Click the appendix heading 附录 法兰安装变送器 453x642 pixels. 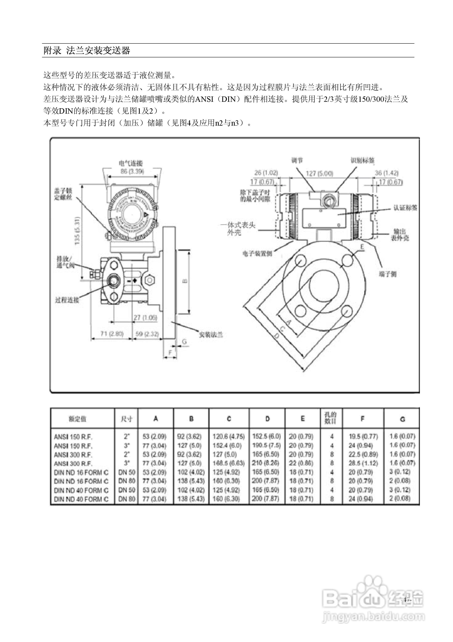coord(87,51)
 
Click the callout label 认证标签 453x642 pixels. coord(405,208)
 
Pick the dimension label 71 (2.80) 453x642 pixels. coord(112,334)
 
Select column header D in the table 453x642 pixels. coord(267,419)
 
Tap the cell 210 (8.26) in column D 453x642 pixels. coord(266,463)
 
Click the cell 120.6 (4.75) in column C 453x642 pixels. coord(228,436)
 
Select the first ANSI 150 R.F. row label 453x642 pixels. coord(73,437)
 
